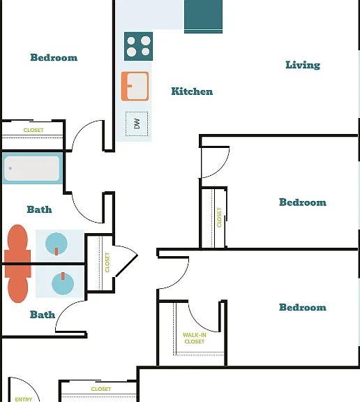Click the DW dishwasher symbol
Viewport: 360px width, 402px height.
(x=137, y=124)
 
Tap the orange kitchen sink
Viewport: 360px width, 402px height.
(x=135, y=86)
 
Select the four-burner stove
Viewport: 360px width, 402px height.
(x=138, y=46)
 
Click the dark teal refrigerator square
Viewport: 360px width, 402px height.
(x=203, y=17)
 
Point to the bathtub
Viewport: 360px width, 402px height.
(x=32, y=168)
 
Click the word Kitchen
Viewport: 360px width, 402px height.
(x=192, y=91)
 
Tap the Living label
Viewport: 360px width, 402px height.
(x=303, y=65)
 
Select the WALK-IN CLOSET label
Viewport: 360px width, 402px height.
(x=195, y=338)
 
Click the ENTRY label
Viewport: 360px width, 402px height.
(x=24, y=399)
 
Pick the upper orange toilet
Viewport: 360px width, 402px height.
(x=17, y=244)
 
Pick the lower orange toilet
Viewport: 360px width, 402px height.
(x=17, y=283)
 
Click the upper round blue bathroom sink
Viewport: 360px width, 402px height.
(x=57, y=244)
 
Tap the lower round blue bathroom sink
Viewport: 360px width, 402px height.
(x=63, y=283)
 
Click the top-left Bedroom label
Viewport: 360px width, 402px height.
(x=54, y=57)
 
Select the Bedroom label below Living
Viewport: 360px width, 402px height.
(x=303, y=202)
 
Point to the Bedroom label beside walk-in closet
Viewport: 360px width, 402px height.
(x=303, y=307)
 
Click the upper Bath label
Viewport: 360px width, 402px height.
(x=40, y=209)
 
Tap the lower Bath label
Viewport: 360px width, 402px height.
(x=43, y=315)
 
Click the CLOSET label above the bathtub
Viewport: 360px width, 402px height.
(x=33, y=131)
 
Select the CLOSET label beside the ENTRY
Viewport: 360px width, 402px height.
(x=101, y=389)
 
